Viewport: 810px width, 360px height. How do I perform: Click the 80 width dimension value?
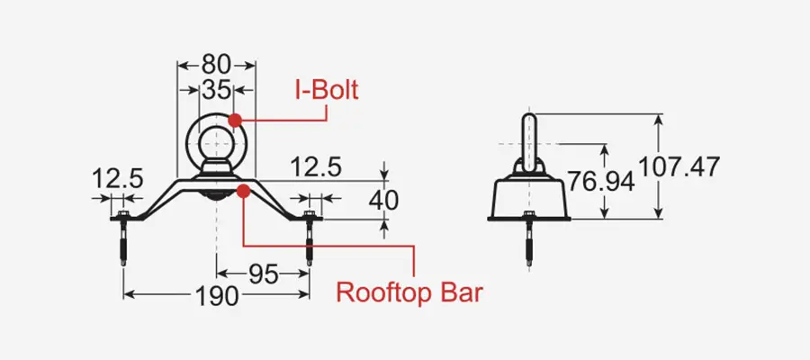coord(216,65)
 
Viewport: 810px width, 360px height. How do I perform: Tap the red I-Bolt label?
coord(326,90)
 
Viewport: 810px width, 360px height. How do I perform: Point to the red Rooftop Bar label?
coord(409,292)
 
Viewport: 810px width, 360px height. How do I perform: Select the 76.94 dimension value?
coord(601,181)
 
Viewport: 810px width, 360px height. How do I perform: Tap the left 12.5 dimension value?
coord(117,178)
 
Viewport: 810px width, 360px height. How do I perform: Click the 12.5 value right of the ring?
coord(317,166)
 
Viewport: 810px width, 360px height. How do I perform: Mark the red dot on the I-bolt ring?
coord(235,119)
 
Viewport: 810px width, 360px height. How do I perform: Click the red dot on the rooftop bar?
coord(243,189)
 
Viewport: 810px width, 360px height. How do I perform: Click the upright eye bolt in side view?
coord(529,139)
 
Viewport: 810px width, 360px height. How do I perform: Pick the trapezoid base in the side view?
coord(529,196)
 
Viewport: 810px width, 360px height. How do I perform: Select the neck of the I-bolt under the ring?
coord(215,167)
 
